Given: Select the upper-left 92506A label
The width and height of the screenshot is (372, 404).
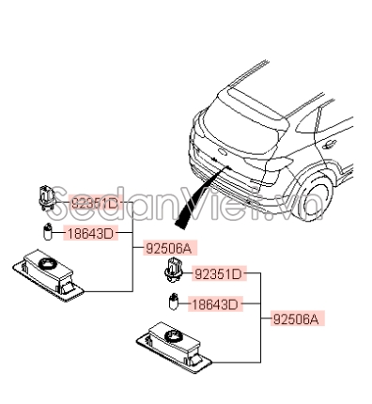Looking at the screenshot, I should pyautogui.click(x=169, y=248).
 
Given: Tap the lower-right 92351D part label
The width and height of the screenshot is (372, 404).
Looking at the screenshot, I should pyautogui.click(x=218, y=274).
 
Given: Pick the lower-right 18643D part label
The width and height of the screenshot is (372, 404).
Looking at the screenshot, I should pyautogui.click(x=214, y=303).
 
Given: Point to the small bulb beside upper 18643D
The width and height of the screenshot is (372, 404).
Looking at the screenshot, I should pyautogui.click(x=45, y=232).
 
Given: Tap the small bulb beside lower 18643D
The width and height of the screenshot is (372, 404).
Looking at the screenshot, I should pyautogui.click(x=172, y=303).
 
